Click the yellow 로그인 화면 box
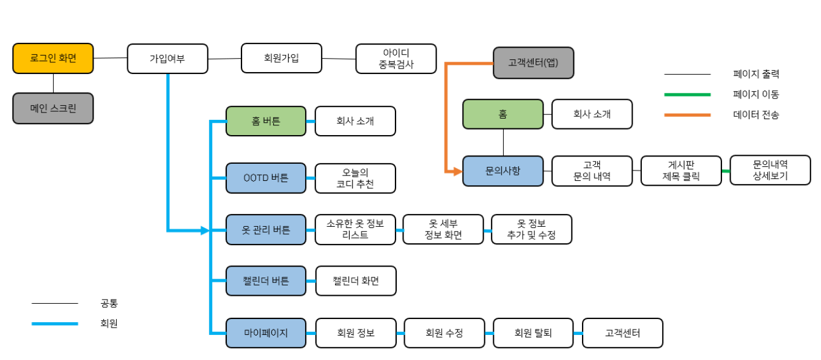(x=53, y=59)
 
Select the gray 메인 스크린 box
(x=53, y=108)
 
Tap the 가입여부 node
(x=168, y=59)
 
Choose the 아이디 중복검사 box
(x=396, y=59)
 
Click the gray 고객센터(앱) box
(x=534, y=63)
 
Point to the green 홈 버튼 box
(x=266, y=121)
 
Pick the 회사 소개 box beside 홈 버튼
(x=355, y=121)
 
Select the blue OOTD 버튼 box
(x=266, y=178)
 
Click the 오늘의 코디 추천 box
(x=355, y=178)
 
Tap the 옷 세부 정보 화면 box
(x=443, y=229)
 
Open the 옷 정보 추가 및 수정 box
(x=531, y=229)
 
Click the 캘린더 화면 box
(x=355, y=281)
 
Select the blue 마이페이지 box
(x=266, y=333)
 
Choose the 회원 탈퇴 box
(x=533, y=333)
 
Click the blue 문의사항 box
(x=503, y=171)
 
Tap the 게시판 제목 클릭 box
(x=681, y=171)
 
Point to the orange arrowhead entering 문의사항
(x=457, y=171)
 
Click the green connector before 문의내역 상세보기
(x=726, y=171)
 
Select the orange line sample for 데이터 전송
(x=688, y=114)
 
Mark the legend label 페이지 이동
(x=756, y=95)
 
